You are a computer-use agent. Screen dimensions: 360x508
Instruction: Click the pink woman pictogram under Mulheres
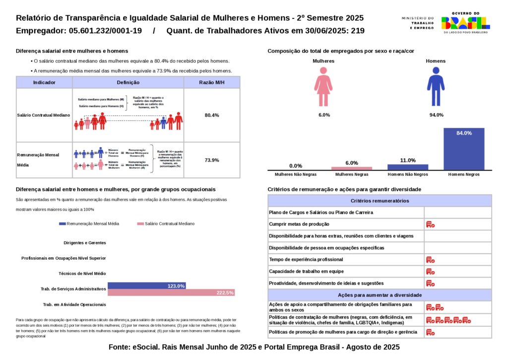pos(323,87)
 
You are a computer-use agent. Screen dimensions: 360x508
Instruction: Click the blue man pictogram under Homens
pos(436,87)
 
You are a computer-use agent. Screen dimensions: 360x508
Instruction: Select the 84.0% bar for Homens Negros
pos(464,149)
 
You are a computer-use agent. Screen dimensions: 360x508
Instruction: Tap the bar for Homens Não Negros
pos(408,167)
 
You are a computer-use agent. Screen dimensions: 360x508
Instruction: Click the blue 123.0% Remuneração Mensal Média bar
pos(147,286)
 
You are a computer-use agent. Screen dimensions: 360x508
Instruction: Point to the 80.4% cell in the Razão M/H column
pos(212,115)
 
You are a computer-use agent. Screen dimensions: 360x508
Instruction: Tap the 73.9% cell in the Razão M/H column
pos(212,160)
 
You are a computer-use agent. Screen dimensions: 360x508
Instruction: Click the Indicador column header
pos(44,82)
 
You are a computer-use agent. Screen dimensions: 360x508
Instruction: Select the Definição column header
pos(128,82)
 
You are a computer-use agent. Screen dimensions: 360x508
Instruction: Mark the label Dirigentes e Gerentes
pos(85,243)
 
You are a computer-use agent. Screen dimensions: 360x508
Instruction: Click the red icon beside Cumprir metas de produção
pos(430,224)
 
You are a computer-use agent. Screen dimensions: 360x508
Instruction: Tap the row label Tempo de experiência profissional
pos(313,260)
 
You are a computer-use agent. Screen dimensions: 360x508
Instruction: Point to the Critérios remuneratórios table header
pos(380,201)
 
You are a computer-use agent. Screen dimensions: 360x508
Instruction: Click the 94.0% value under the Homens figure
pos(436,115)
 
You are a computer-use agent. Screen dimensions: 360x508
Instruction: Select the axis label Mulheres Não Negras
pos(296,175)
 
